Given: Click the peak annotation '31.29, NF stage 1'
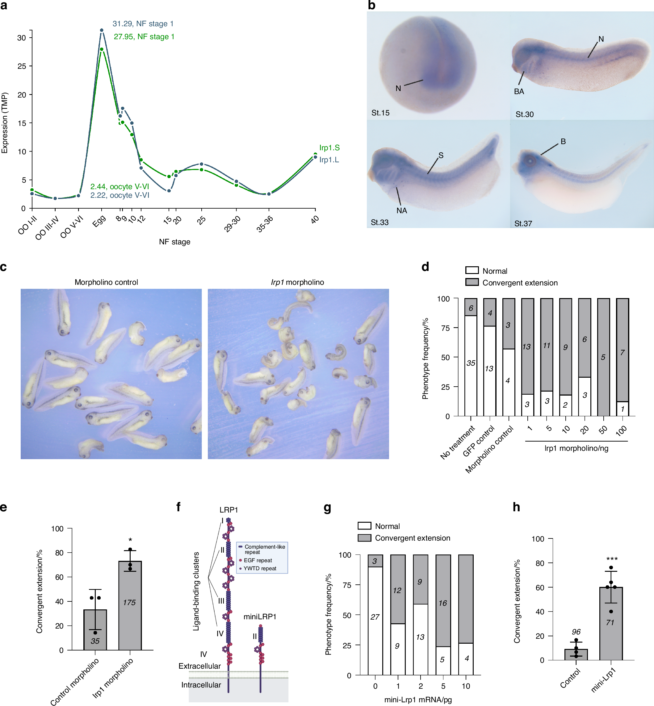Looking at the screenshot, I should coord(143,24).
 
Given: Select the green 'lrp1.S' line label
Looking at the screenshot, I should coord(329,147).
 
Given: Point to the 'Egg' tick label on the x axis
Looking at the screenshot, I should coord(99,222).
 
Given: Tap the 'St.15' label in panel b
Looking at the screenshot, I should coord(380,113).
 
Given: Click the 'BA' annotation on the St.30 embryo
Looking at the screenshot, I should coord(519,92).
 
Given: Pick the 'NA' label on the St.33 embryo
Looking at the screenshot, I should coord(401,210).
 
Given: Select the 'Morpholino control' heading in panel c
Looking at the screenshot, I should coord(106,282).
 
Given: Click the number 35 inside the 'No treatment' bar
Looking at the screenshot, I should coord(471,363).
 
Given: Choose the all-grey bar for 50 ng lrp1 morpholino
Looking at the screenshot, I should coord(603,357).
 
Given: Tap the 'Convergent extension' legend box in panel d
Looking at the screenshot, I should coord(472,282).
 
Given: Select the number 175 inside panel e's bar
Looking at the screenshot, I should coord(129,602).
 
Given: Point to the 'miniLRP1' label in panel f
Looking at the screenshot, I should coord(260,617).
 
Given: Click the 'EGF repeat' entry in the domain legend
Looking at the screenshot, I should coord(258,560).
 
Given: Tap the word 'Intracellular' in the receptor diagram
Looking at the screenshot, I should coord(201,685).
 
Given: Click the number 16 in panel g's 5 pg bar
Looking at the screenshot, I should coord(443,603).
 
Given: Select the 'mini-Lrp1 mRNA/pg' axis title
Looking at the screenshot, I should coord(418,700).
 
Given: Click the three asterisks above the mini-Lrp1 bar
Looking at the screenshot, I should coord(612,559).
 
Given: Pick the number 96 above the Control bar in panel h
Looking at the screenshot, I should coord(576,632).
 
